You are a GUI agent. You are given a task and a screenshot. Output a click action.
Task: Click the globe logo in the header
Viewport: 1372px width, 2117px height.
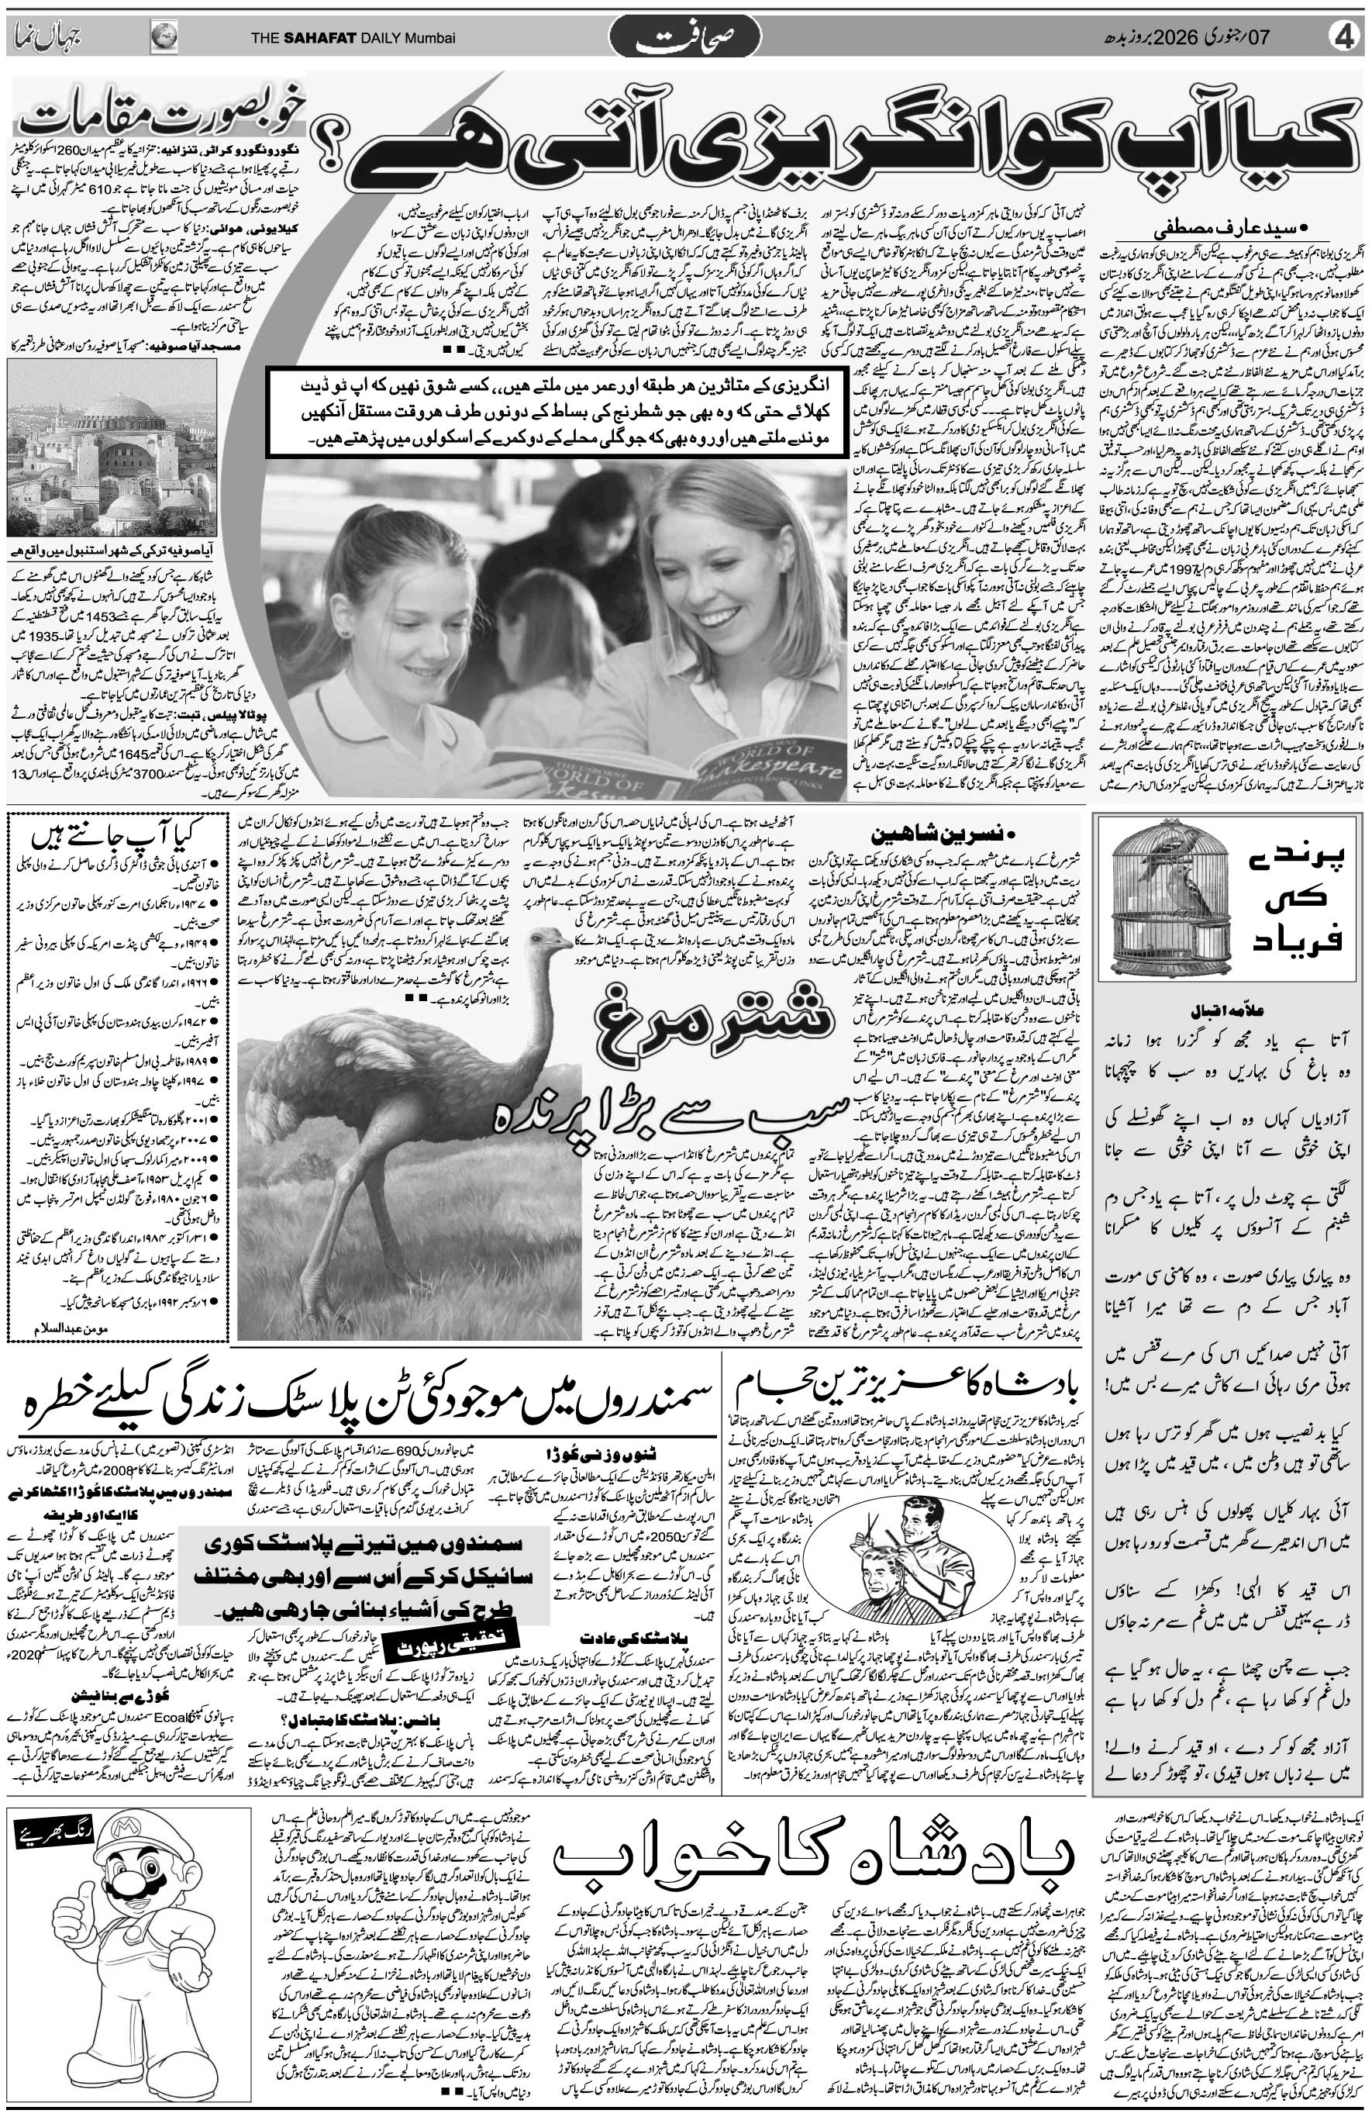(x=164, y=37)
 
